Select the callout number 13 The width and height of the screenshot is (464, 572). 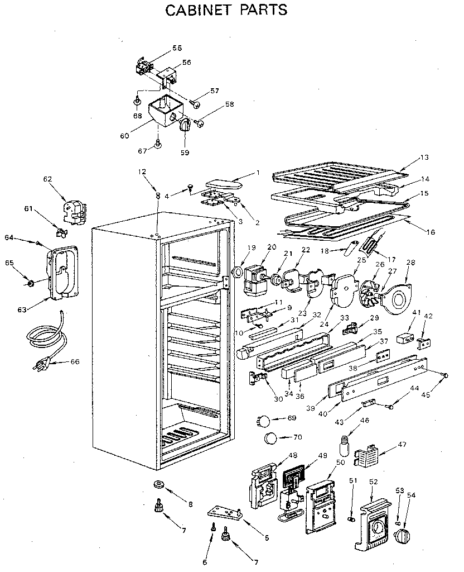click(x=425, y=158)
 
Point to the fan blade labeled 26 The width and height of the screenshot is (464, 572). click(x=369, y=293)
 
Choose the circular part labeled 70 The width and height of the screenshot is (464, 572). click(x=270, y=438)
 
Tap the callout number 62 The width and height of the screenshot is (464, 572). click(x=47, y=179)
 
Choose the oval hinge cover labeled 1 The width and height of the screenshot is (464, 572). click(x=223, y=183)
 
